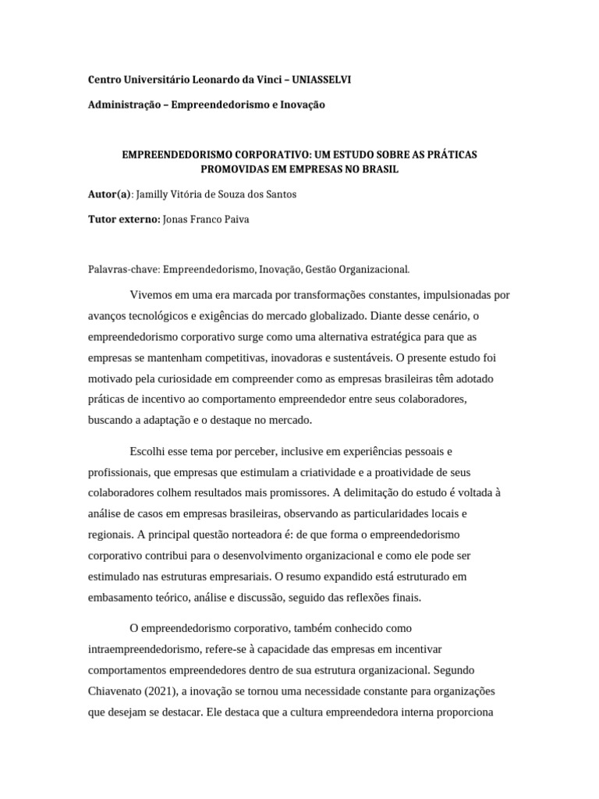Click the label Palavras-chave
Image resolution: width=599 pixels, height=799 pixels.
click(x=123, y=269)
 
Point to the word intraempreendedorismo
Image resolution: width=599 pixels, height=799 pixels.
click(x=147, y=649)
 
